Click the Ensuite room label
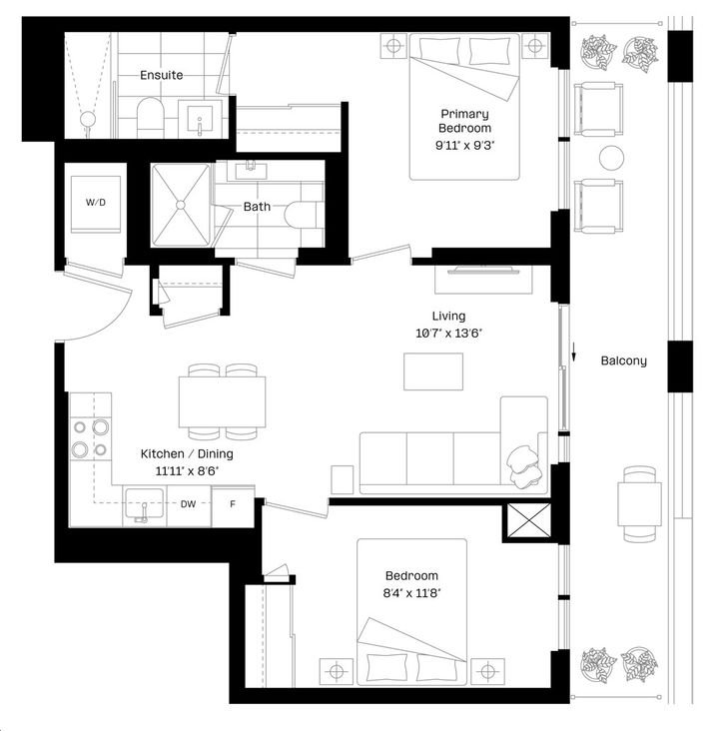click(x=162, y=75)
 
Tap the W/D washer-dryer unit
click(x=96, y=204)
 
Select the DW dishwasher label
click(x=188, y=504)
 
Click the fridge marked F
click(x=233, y=506)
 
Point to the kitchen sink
click(x=145, y=505)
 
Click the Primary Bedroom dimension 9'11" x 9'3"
click(x=464, y=145)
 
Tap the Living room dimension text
click(x=448, y=334)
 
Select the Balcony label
click(x=623, y=361)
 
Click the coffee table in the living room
click(x=433, y=371)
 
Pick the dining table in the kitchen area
click(x=222, y=401)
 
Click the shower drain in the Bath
click(x=181, y=205)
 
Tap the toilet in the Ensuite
click(x=151, y=117)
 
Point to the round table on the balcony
click(x=611, y=158)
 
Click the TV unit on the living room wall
click(x=483, y=280)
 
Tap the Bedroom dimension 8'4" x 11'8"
click(x=411, y=593)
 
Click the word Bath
click(x=257, y=206)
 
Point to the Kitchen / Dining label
click(x=187, y=453)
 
